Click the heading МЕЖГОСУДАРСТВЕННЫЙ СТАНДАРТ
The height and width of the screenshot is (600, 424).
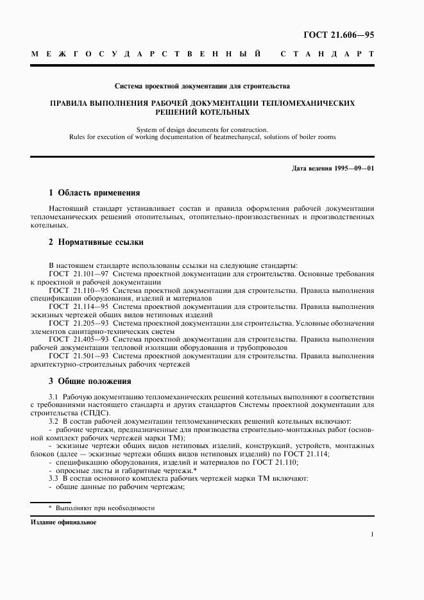202,54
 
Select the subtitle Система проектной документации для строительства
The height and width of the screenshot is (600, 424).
202,85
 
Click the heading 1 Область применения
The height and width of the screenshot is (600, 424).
94,192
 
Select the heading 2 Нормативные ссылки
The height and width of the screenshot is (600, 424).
96,242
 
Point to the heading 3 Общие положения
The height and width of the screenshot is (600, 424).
90,381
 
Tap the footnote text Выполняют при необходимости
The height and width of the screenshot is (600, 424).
105,508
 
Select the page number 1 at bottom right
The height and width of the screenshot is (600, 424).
372,533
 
